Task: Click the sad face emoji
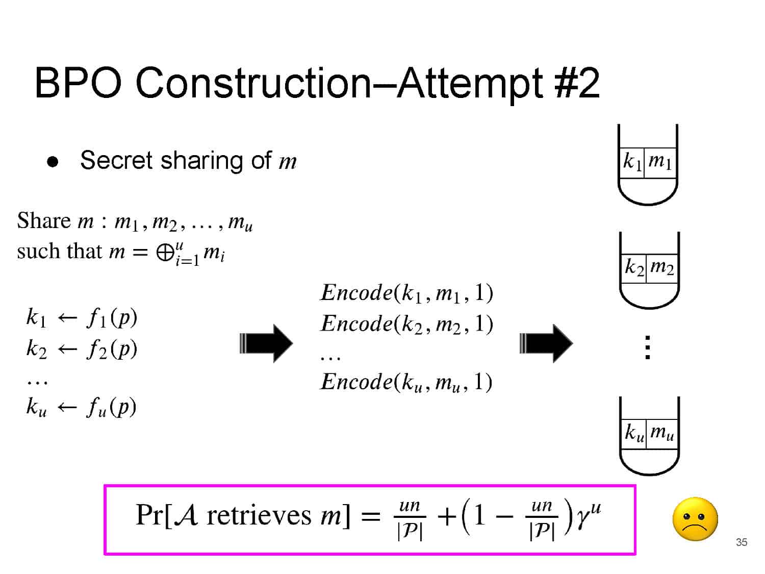point(695,519)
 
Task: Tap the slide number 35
point(741,542)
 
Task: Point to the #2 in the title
point(577,83)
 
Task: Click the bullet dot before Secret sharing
point(53,162)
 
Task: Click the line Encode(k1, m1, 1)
point(406,293)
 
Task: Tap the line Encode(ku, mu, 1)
point(406,382)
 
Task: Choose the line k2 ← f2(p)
point(82,349)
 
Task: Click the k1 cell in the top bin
point(632,162)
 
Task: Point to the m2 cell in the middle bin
point(662,267)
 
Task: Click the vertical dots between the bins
point(647,347)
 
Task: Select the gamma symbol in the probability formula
point(582,518)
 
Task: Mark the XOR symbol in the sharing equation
point(165,253)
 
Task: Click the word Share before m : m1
point(43,221)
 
